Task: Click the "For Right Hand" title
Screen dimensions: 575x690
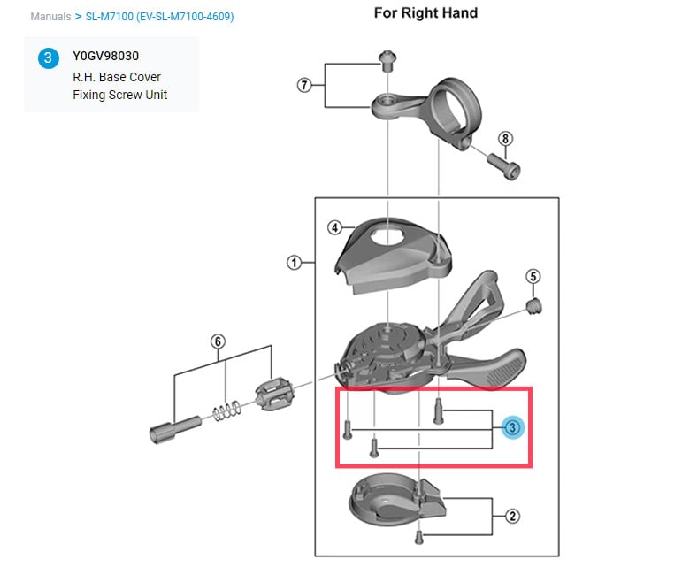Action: click(425, 12)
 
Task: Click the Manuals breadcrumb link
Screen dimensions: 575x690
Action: click(50, 17)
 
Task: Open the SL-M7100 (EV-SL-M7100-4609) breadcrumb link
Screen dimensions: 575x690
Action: click(159, 17)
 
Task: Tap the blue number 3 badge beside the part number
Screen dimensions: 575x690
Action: click(47, 58)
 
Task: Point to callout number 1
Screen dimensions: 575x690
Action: click(295, 262)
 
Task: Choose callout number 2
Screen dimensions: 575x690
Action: click(511, 516)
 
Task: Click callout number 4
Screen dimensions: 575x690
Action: click(334, 227)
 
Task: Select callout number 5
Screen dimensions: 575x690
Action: click(533, 276)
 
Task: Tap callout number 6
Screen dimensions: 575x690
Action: click(218, 341)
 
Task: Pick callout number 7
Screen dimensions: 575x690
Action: click(304, 85)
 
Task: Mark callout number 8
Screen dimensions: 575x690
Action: click(505, 138)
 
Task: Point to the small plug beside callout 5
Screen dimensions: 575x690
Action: click(533, 305)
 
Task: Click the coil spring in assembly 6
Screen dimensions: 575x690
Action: click(226, 411)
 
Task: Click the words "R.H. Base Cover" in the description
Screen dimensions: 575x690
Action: click(116, 77)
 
